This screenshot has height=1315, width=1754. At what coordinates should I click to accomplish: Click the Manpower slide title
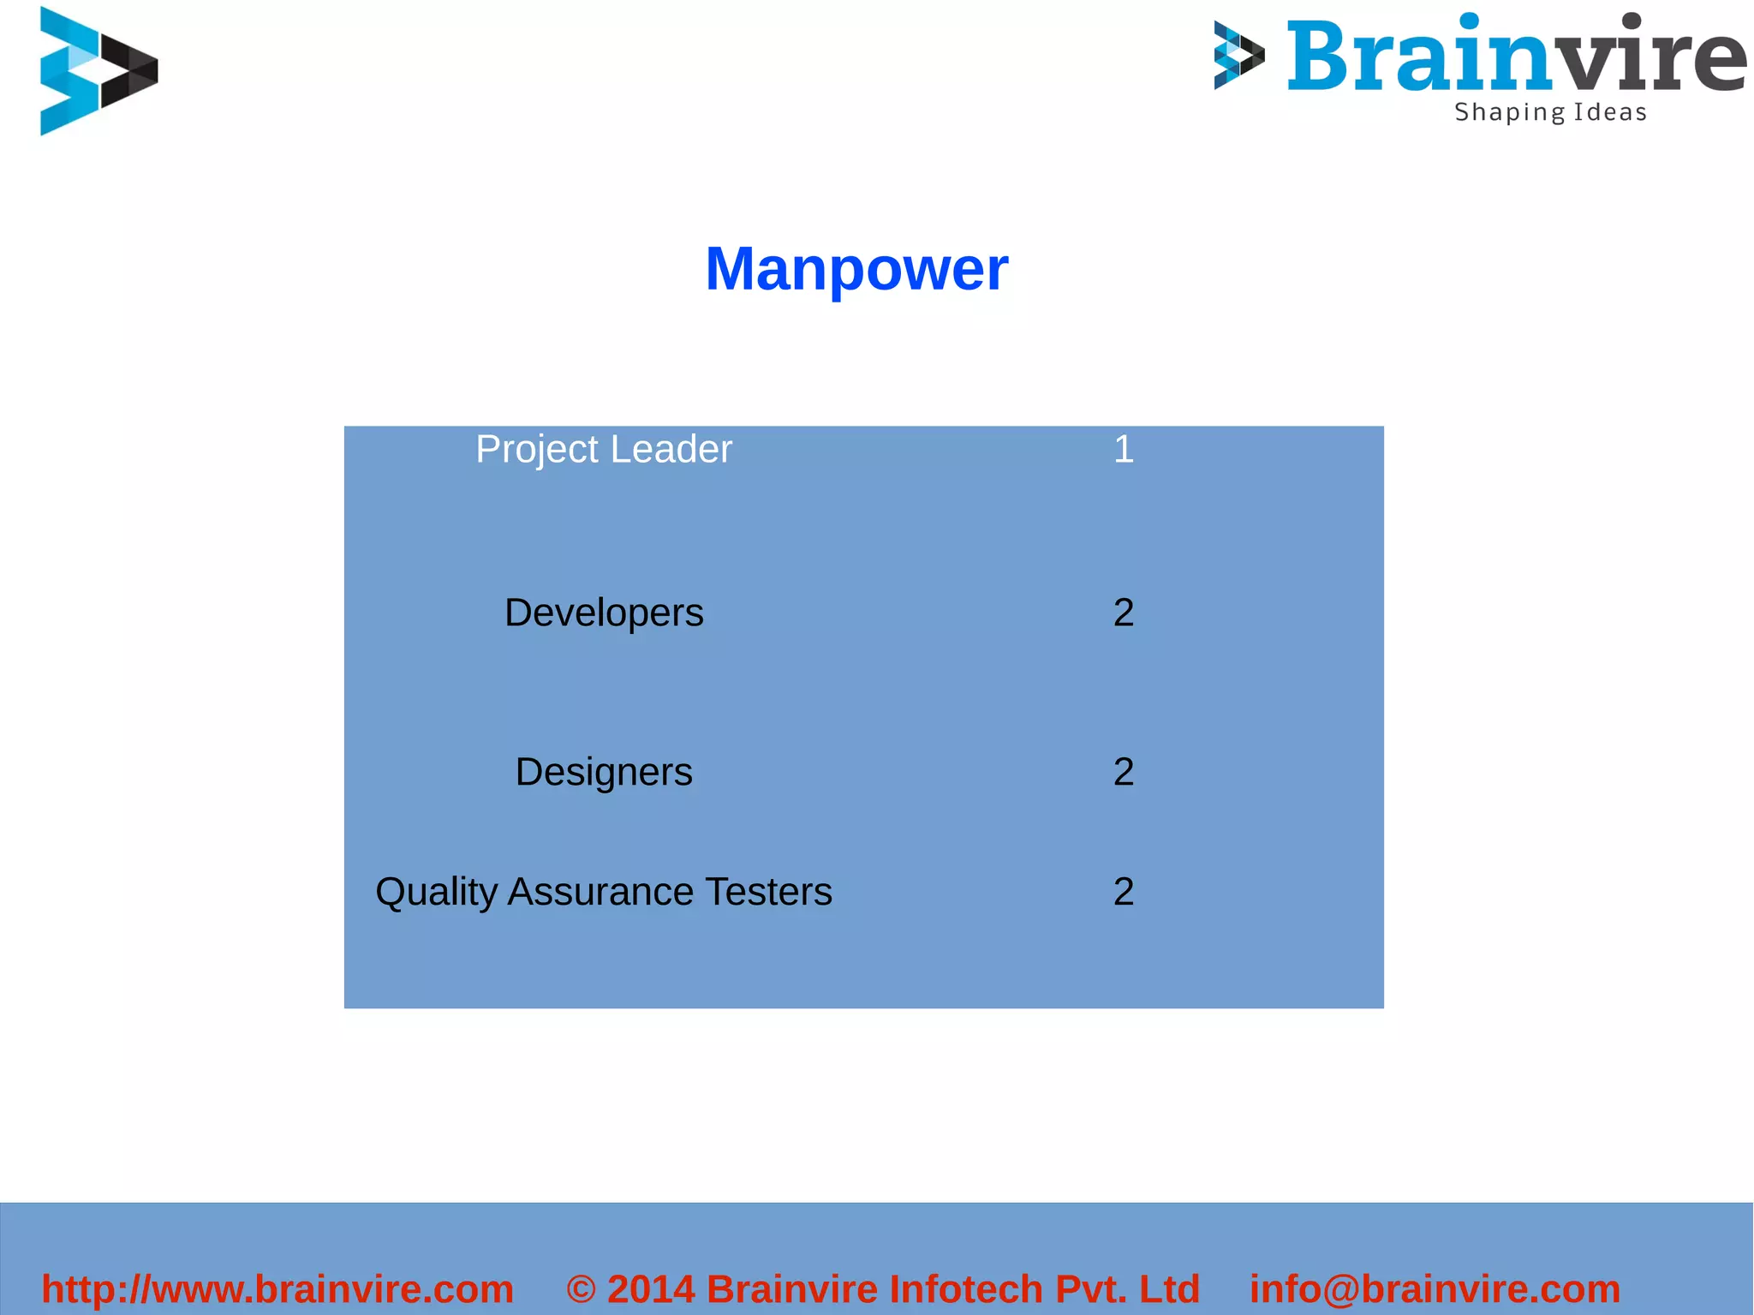856,269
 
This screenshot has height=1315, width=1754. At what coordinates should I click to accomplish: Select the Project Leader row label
604,450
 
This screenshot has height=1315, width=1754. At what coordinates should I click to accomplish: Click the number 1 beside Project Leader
1124,450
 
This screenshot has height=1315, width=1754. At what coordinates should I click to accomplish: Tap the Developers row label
604,613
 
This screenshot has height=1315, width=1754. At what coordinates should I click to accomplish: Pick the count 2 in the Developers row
1124,613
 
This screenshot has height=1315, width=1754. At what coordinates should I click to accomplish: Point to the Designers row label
604,773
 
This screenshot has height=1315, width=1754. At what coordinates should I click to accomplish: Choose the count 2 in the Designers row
1124,773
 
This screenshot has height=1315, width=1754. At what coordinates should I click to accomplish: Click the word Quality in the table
437,893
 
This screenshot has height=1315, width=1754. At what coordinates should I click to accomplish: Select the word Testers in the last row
768,893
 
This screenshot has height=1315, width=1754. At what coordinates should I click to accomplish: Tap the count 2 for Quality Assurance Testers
1124,893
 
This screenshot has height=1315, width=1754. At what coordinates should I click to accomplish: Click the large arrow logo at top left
98,71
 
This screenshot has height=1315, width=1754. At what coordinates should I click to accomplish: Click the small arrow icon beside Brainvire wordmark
1238,56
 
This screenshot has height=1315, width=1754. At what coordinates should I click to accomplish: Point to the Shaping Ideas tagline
1550,112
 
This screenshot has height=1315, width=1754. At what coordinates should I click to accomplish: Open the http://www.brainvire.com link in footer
277,1289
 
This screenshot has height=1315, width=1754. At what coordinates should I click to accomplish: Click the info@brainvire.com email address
1435,1289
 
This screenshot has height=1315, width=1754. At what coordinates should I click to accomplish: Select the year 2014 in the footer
651,1289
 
